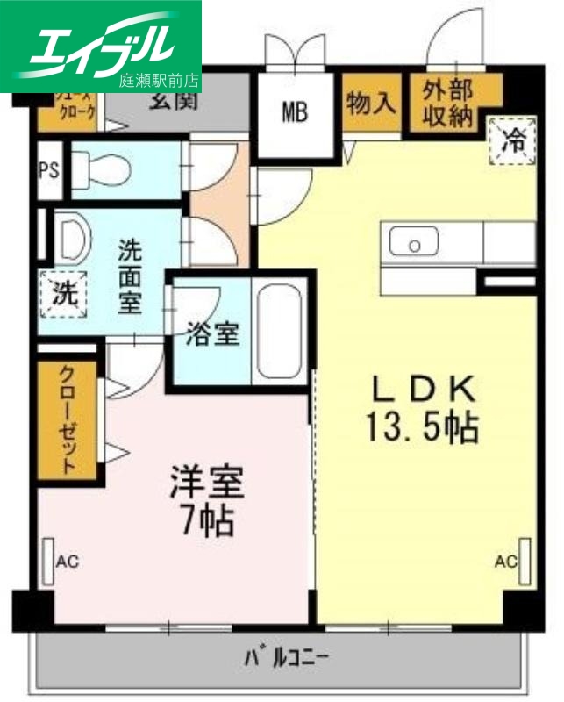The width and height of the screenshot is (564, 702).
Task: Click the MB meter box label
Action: tap(295, 112)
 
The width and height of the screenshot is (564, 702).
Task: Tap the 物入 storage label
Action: tap(371, 104)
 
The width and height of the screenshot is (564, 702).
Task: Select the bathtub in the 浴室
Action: tap(278, 333)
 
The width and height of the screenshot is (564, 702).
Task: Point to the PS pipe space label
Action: tap(49, 169)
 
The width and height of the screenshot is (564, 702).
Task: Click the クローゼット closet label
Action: tap(68, 419)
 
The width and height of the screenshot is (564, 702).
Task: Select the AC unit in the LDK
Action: tap(524, 561)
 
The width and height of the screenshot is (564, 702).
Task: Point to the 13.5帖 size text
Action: tap(422, 427)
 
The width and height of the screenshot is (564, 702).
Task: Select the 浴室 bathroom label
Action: tap(213, 333)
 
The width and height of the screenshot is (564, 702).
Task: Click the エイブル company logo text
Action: tap(101, 46)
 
